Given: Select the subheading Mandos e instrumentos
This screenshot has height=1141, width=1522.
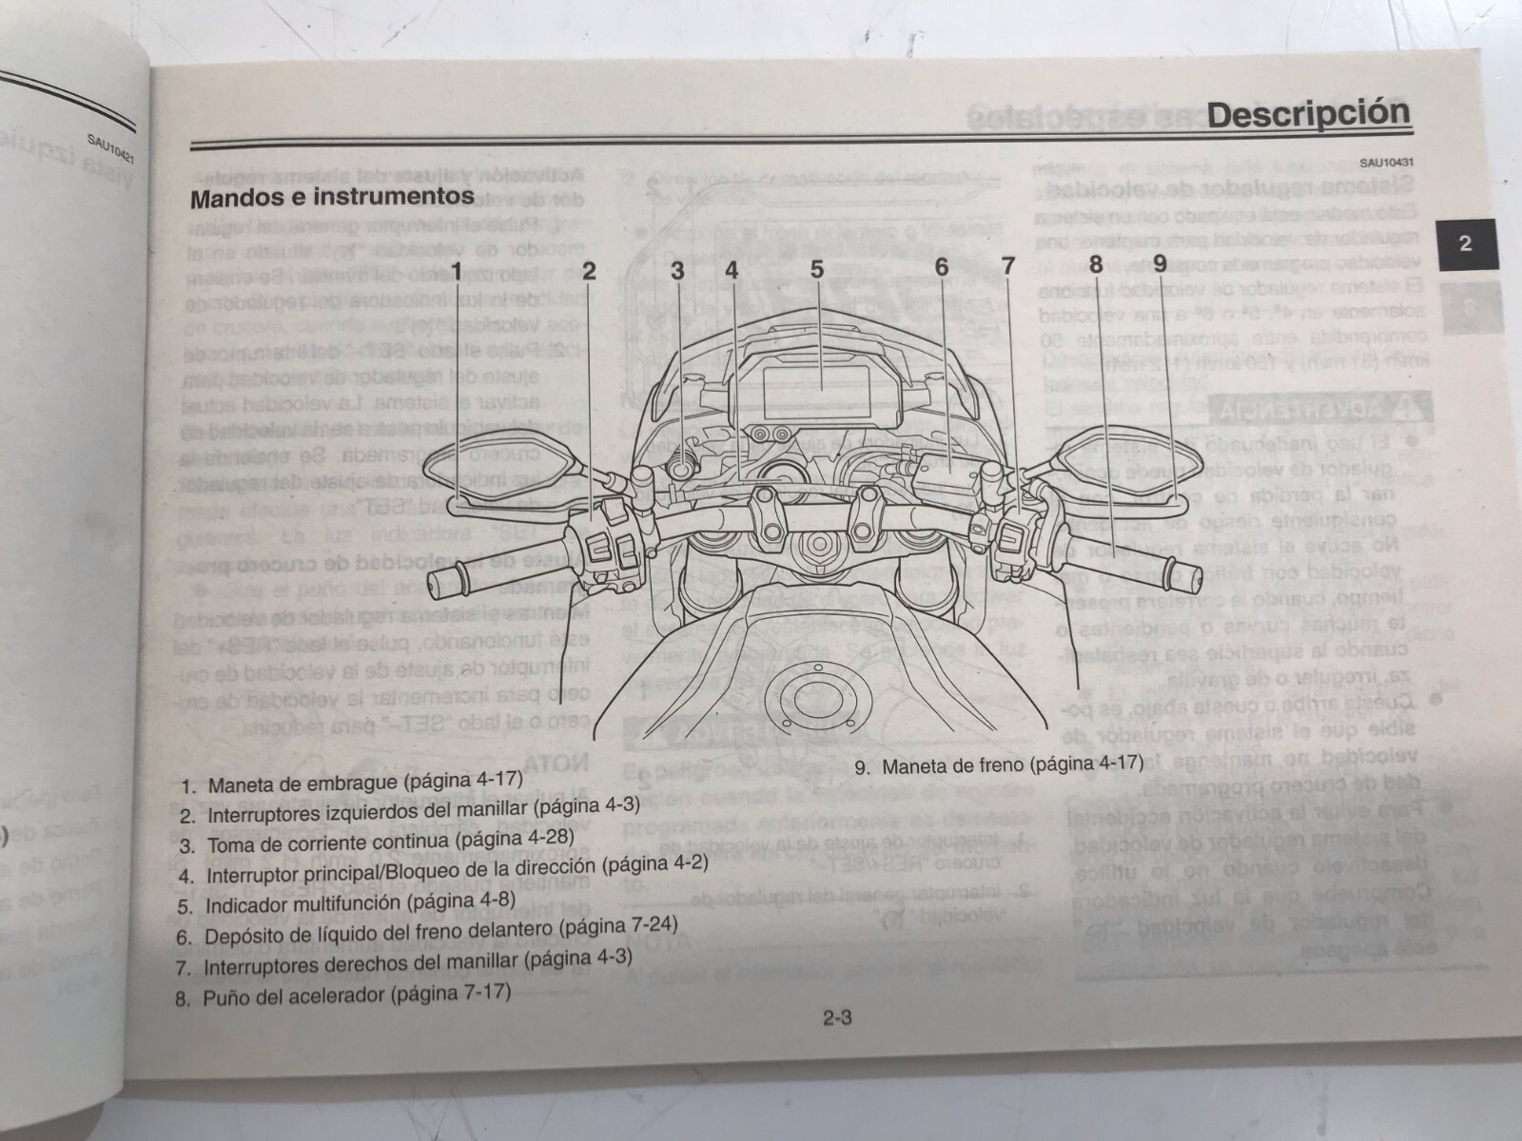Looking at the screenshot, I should coord(332,199).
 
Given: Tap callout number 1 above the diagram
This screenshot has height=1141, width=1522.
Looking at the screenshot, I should coord(457,271).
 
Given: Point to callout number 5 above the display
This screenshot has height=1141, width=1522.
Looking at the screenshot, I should coord(817,269).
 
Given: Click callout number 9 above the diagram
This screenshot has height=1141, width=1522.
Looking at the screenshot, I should coord(1160,263).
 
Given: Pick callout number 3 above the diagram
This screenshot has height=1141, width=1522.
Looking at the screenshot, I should coord(677,270).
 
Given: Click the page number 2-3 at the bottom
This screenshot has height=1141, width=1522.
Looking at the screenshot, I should coord(836,1018).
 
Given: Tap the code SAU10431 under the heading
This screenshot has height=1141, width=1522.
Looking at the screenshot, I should coord(1385,162).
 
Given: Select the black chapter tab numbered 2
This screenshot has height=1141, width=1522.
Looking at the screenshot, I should coord(1465,243).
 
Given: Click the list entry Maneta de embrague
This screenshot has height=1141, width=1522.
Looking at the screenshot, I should coord(352,783).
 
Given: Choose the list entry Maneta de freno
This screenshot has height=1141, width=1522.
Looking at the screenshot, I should coord(998,764).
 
